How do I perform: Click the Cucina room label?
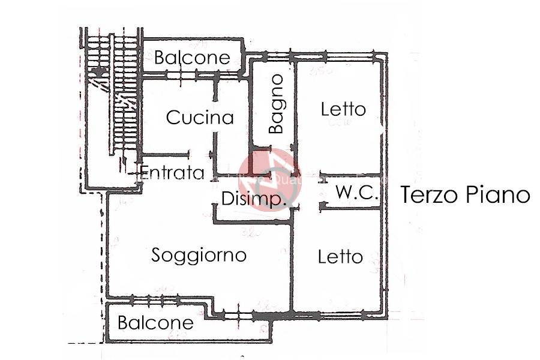tap(200, 117)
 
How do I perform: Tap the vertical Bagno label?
tap(276, 104)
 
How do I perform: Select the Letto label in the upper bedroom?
tap(343, 109)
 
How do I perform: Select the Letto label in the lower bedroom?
tap(340, 257)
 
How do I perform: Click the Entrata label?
tap(173, 173)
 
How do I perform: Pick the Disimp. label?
tap(253, 199)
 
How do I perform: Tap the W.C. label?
tap(356, 193)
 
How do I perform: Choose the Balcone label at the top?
tap(192, 58)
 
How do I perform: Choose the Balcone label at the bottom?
tap(155, 323)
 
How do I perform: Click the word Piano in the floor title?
tap(500, 195)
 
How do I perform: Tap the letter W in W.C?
tap(343, 193)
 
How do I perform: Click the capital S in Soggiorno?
tap(156, 255)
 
